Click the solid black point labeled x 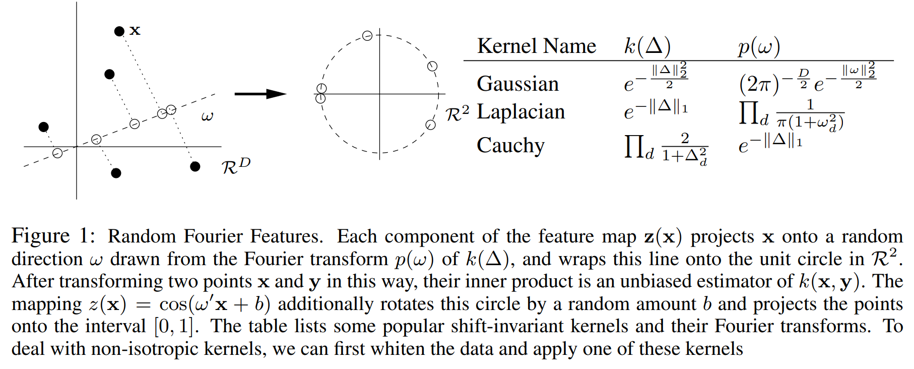(x=119, y=31)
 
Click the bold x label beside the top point (x=135, y=30)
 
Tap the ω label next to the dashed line (x=207, y=116)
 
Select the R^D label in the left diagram (x=236, y=165)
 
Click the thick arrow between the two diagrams (x=260, y=94)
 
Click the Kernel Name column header (x=536, y=46)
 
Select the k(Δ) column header (x=647, y=46)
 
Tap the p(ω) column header (x=759, y=47)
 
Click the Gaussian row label (x=517, y=84)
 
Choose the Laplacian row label (x=520, y=112)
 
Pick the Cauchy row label (x=510, y=146)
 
